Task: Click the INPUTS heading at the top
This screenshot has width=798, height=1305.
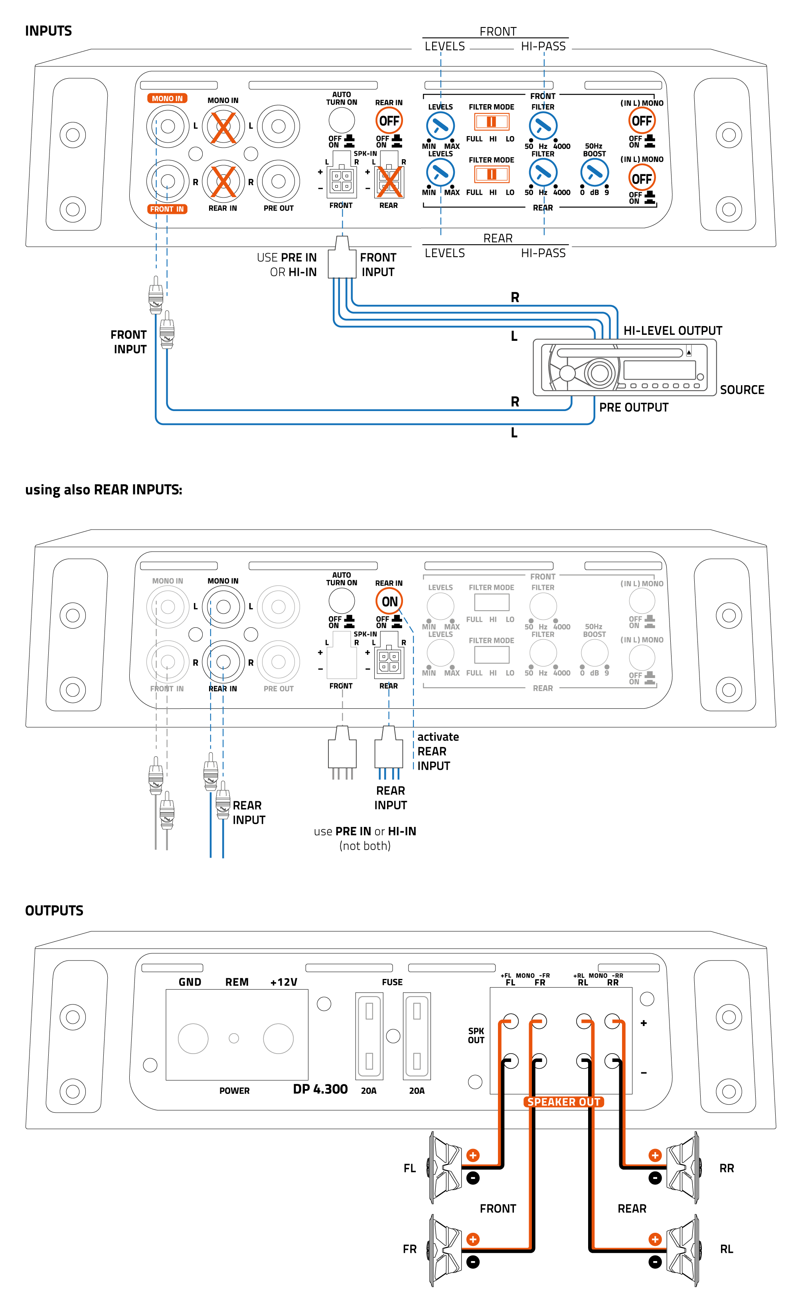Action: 48,31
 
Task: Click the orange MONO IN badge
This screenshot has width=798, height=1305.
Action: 167,99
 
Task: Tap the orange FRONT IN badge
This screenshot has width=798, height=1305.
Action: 167,209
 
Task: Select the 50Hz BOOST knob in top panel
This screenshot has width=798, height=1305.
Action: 594,173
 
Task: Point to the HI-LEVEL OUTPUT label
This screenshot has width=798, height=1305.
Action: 672,330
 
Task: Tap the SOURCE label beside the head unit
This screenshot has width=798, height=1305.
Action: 742,390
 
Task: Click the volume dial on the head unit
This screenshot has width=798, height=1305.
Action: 599,372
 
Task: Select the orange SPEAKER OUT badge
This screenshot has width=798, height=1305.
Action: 563,1101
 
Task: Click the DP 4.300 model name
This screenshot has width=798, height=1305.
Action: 320,1089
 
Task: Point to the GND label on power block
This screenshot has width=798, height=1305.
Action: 190,982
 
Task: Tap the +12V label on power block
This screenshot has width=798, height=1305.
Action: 284,982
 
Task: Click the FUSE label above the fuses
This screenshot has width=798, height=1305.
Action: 392,982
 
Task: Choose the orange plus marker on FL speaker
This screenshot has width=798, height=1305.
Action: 473,1155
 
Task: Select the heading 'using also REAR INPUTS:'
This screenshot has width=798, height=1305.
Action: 104,489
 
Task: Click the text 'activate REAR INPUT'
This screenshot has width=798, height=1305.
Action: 438,751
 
